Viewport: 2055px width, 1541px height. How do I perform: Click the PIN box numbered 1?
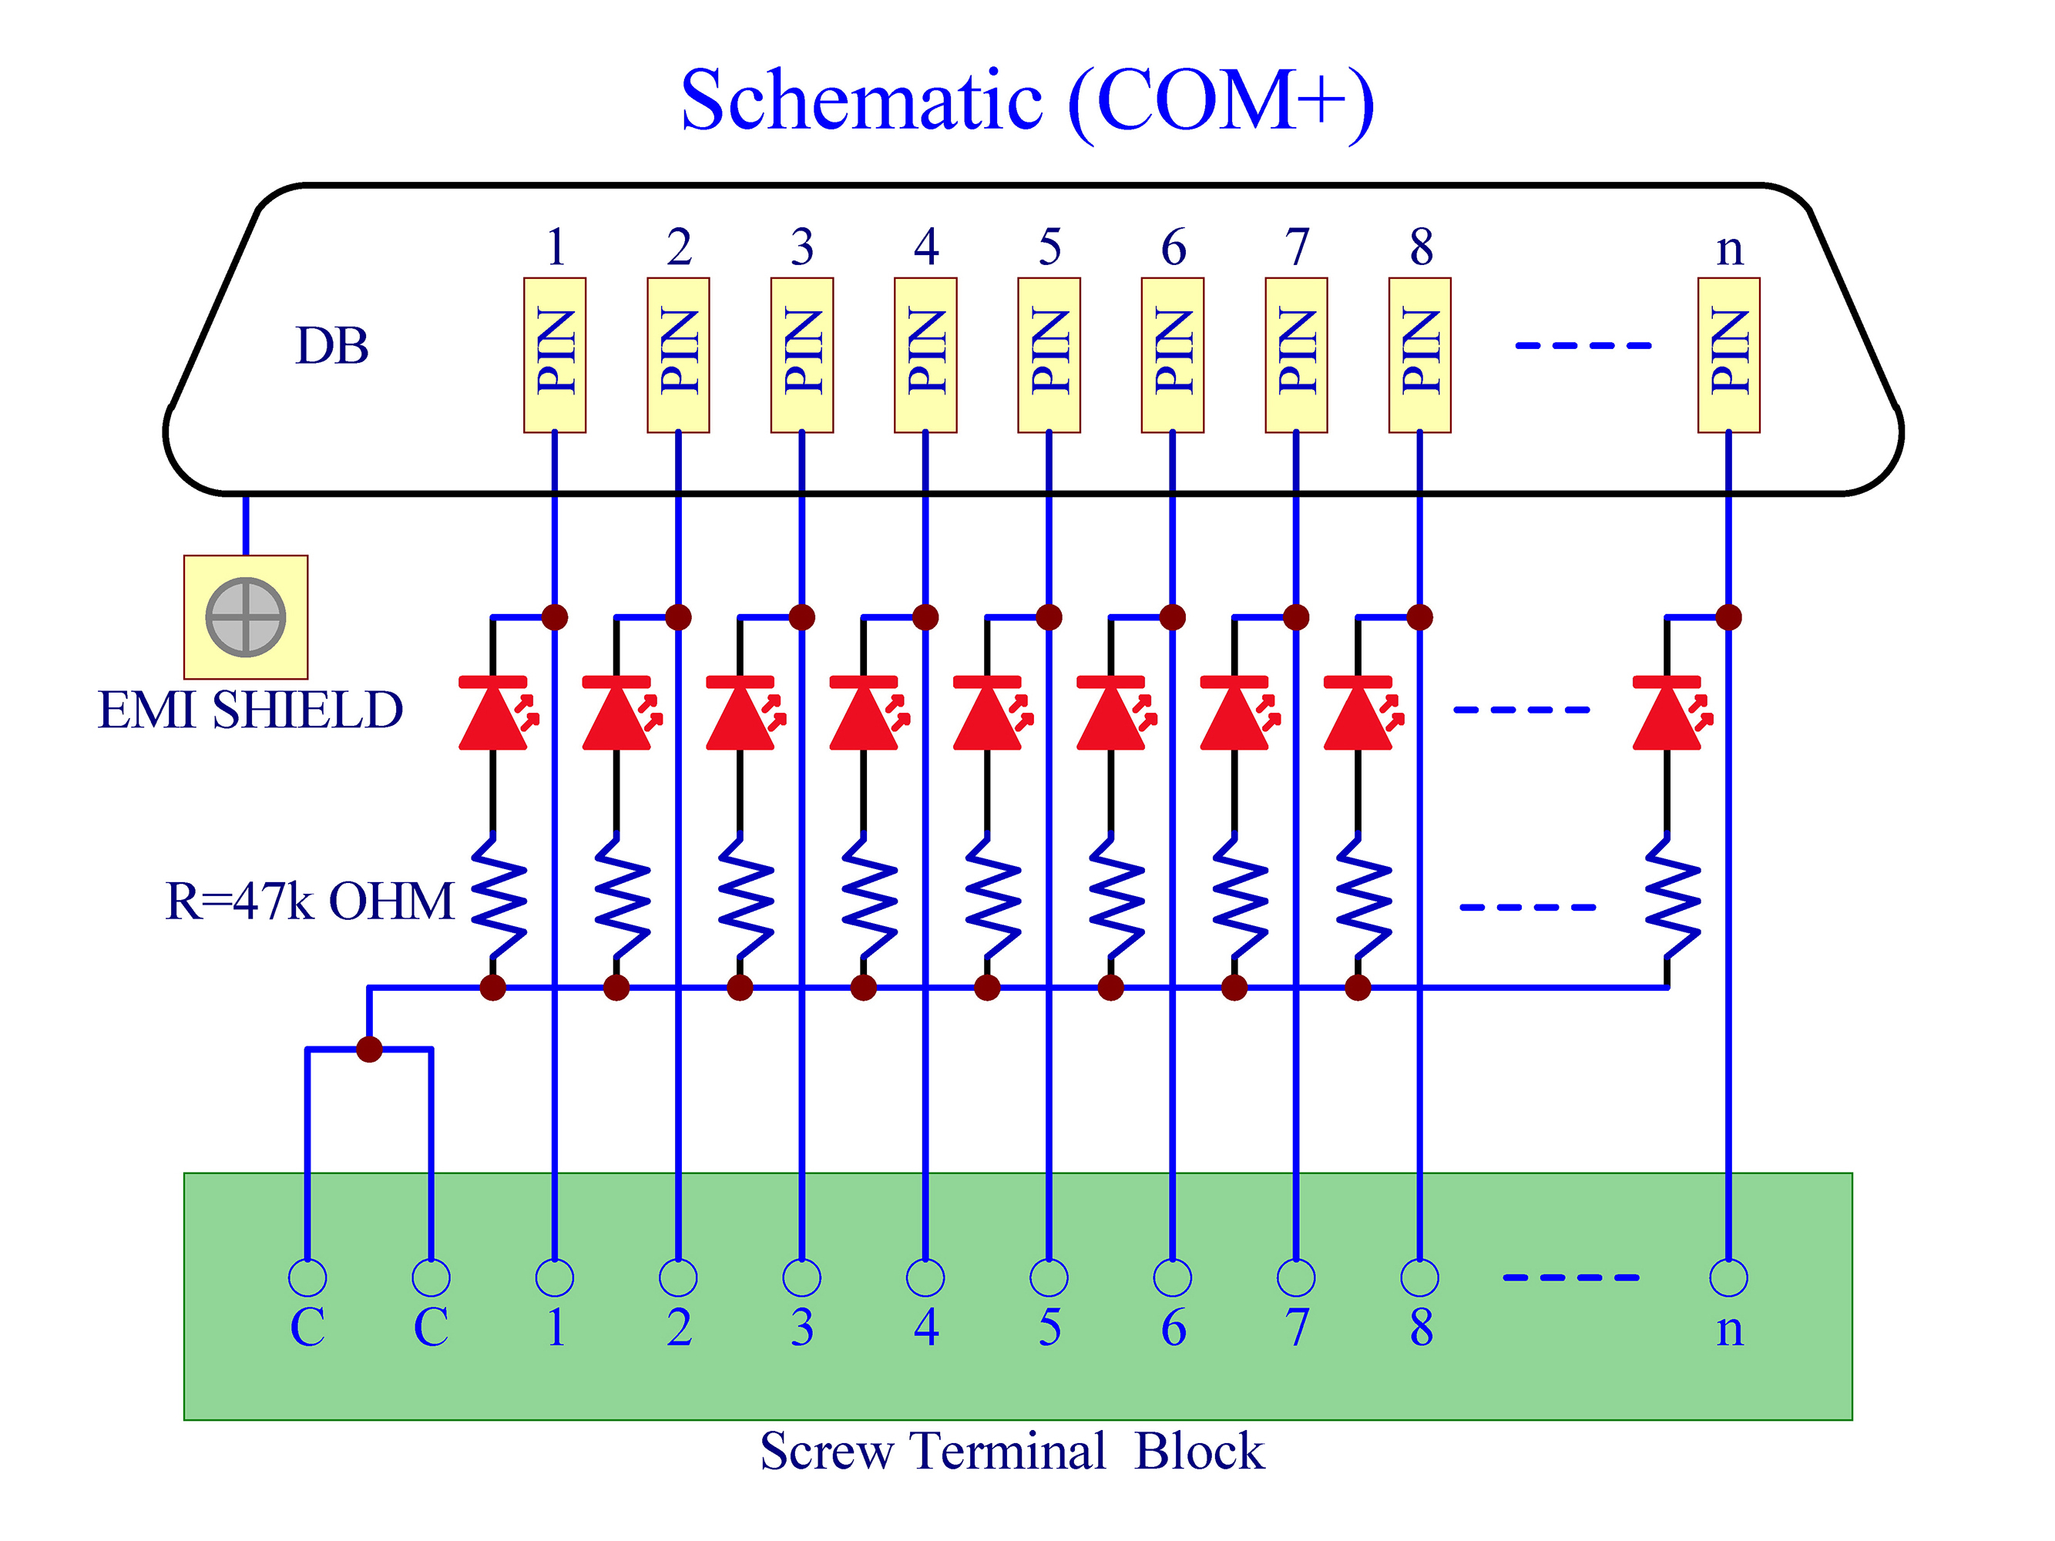click(555, 355)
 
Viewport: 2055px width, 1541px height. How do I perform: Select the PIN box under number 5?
click(1049, 355)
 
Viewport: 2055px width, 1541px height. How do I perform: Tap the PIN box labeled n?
click(1728, 355)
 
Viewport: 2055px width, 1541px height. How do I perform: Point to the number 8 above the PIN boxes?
click(1421, 247)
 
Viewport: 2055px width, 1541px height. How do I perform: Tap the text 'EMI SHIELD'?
click(250, 710)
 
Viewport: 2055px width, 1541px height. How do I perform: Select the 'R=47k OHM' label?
click(309, 901)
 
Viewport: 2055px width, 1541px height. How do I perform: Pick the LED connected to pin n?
click(1671, 713)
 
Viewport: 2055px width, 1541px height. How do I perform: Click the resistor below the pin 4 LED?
click(868, 898)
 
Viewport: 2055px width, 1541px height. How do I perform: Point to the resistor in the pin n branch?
click(1671, 898)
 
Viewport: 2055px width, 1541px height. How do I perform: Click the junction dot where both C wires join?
click(369, 1049)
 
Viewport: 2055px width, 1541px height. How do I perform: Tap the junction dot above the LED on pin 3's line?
click(802, 616)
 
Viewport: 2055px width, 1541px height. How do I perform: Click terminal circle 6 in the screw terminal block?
click(1173, 1278)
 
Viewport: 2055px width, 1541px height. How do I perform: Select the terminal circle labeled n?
click(1728, 1278)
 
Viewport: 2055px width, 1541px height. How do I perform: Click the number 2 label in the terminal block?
click(679, 1328)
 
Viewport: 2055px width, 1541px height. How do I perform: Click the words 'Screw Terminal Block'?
click(1012, 1451)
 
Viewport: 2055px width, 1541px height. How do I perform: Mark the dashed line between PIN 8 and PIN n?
click(1583, 345)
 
